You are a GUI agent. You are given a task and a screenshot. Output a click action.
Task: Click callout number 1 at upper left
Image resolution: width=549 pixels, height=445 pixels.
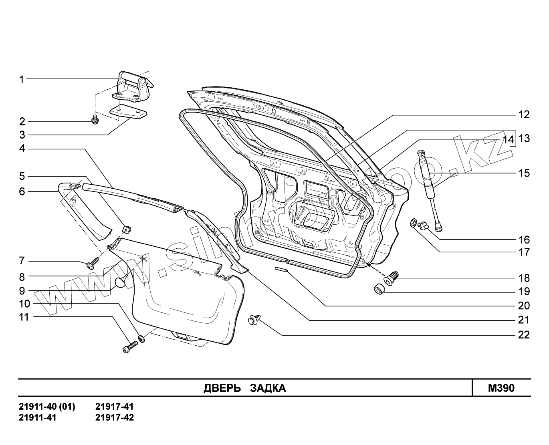[x=22, y=80]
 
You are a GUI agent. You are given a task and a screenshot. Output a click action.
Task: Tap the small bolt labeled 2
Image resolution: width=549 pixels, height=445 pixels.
[x=95, y=119]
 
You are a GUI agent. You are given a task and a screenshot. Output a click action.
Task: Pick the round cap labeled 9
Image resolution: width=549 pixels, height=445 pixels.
[x=120, y=283]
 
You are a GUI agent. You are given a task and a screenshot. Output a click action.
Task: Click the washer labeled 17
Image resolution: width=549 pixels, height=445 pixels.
[x=413, y=222]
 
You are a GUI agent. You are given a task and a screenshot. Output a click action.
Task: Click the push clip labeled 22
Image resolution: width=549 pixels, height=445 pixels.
[x=254, y=319]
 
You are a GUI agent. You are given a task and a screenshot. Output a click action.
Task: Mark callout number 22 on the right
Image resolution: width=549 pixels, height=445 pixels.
[x=524, y=334]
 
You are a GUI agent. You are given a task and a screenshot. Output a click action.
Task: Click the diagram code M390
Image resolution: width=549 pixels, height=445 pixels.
[x=501, y=388]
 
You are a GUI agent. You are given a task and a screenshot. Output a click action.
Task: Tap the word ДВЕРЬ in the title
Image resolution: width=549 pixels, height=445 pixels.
[x=222, y=388]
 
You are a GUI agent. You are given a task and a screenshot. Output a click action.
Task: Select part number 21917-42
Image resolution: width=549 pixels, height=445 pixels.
[x=115, y=417]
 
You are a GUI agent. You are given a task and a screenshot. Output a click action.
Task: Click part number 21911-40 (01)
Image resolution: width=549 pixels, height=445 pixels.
[x=47, y=407]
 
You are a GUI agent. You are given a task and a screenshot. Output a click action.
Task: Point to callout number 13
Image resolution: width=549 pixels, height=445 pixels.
[x=524, y=139]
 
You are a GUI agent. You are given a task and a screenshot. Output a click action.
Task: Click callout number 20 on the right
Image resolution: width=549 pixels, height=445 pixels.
[x=524, y=306]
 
